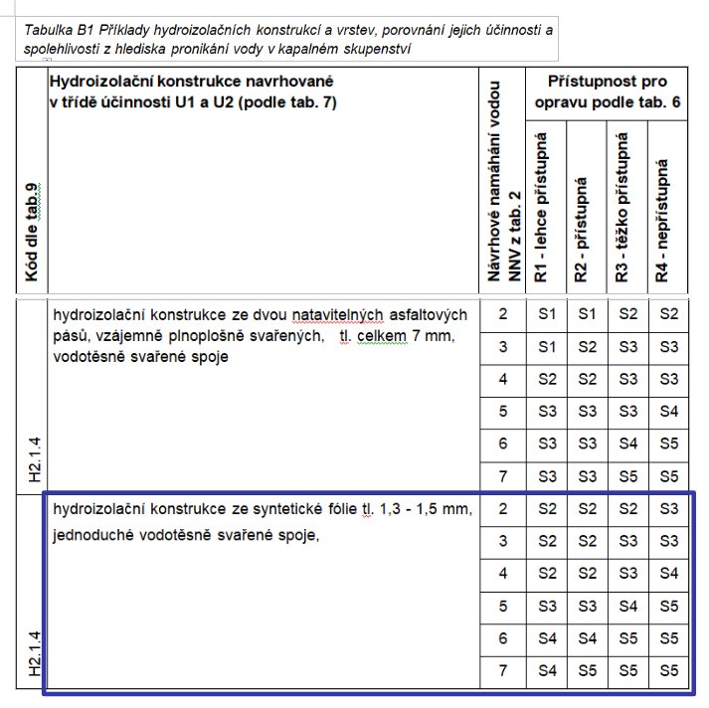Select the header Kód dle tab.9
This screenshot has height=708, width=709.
click(32, 231)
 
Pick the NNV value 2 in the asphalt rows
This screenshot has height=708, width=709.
click(503, 315)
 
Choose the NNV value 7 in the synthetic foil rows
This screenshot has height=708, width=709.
click(503, 671)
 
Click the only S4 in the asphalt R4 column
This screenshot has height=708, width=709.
click(667, 411)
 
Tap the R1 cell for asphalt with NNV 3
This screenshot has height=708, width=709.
click(545, 347)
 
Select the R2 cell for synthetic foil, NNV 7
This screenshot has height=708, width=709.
click(586, 671)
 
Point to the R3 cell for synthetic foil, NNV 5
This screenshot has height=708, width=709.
click(626, 606)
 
